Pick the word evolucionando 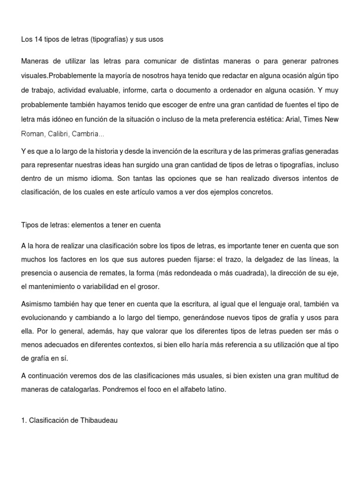(44, 318)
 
